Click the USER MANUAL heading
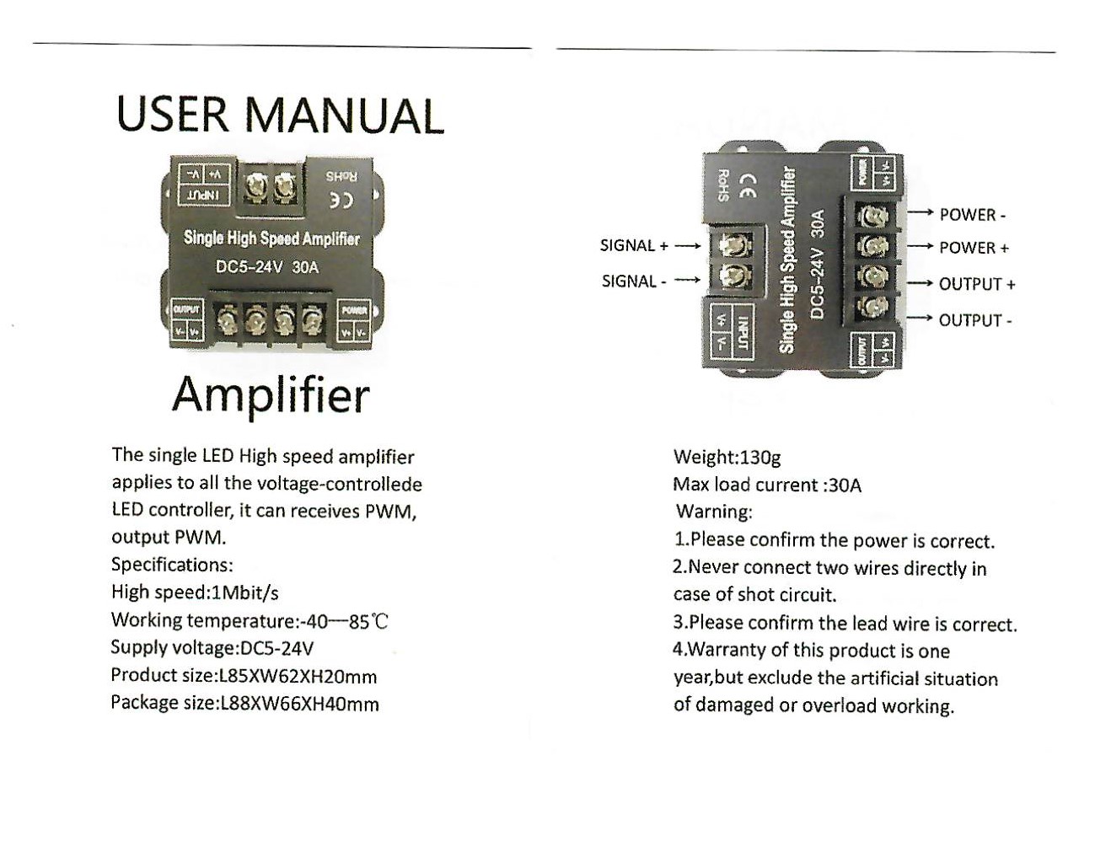[280, 115]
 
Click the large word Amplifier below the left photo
[271, 394]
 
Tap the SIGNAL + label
[634, 246]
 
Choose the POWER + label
[974, 248]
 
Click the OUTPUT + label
[977, 285]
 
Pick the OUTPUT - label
[975, 320]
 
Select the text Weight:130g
[727, 458]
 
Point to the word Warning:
[714, 512]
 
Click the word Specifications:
[172, 565]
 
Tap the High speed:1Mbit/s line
[195, 592]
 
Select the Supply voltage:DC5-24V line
[212, 648]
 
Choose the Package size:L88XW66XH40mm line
[244, 704]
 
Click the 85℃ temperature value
[368, 622]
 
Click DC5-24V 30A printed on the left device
[267, 267]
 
